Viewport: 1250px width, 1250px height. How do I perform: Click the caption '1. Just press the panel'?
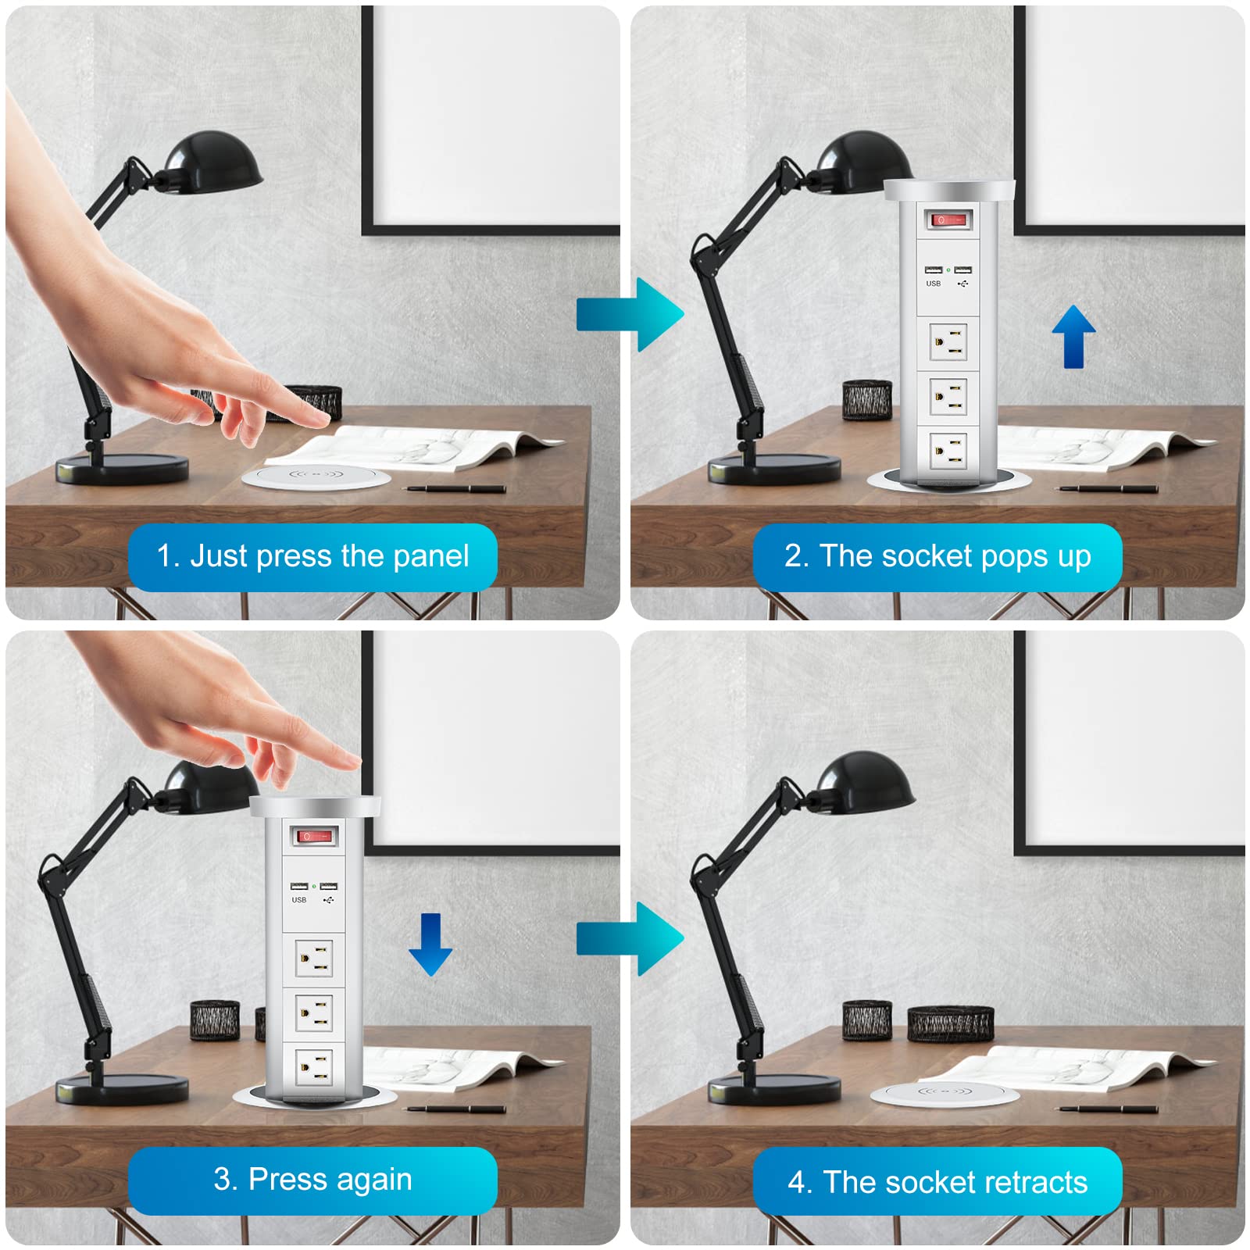click(x=312, y=556)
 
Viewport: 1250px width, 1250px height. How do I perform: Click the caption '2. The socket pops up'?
click(x=937, y=556)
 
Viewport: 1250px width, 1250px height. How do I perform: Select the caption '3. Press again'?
click(x=312, y=1179)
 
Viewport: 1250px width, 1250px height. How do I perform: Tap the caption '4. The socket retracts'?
click(x=937, y=1181)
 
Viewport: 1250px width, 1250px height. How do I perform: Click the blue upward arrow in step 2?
click(x=1073, y=336)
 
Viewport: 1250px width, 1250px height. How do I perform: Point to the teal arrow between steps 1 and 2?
click(x=630, y=314)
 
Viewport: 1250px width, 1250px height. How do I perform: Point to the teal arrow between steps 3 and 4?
click(x=630, y=938)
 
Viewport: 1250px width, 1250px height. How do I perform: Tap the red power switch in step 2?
click(x=949, y=220)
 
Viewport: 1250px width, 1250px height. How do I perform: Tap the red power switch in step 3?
click(x=315, y=837)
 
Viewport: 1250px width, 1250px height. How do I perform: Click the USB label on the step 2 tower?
click(x=933, y=284)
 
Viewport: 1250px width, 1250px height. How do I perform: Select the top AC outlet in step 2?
click(x=948, y=341)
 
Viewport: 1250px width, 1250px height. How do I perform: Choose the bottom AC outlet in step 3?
click(x=314, y=1067)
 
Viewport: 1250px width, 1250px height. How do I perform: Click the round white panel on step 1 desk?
click(x=316, y=476)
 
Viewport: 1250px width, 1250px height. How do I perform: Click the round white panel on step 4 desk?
click(x=945, y=1093)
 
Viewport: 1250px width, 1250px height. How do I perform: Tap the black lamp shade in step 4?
click(x=867, y=781)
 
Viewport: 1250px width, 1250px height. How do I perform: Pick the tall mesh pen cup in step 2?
click(x=867, y=400)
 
